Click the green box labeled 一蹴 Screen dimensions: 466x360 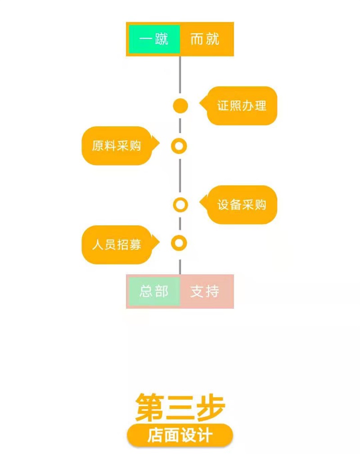154,39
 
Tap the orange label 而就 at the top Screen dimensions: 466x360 205,39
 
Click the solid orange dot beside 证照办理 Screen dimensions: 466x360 180,106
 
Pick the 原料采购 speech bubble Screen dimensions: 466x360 117,146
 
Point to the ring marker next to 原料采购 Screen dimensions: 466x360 179,146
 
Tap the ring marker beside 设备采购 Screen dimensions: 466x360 180,205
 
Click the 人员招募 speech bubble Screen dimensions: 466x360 117,244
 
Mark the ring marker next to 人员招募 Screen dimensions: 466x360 179,244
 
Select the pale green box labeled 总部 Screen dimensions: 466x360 154,291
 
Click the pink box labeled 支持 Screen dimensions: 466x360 205,291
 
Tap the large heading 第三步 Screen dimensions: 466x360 180,407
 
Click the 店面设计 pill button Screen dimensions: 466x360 180,436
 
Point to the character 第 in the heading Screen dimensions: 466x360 151,407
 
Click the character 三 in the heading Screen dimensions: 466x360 180,407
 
